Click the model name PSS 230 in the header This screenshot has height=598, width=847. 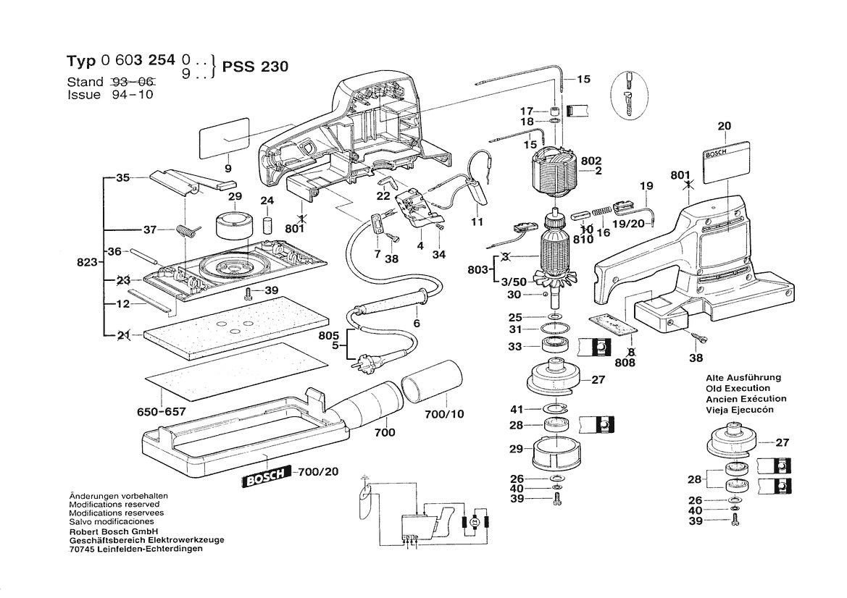pyautogui.click(x=256, y=67)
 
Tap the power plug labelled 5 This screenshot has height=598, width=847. pyautogui.click(x=360, y=364)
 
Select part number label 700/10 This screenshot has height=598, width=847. pyautogui.click(x=448, y=414)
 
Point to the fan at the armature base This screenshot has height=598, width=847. pyautogui.click(x=552, y=279)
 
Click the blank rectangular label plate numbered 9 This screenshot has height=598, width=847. pyautogui.click(x=224, y=141)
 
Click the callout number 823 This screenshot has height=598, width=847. pyautogui.click(x=87, y=263)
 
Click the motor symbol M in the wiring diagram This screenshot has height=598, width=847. pyautogui.click(x=475, y=521)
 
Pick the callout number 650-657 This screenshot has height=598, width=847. pyautogui.click(x=162, y=412)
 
